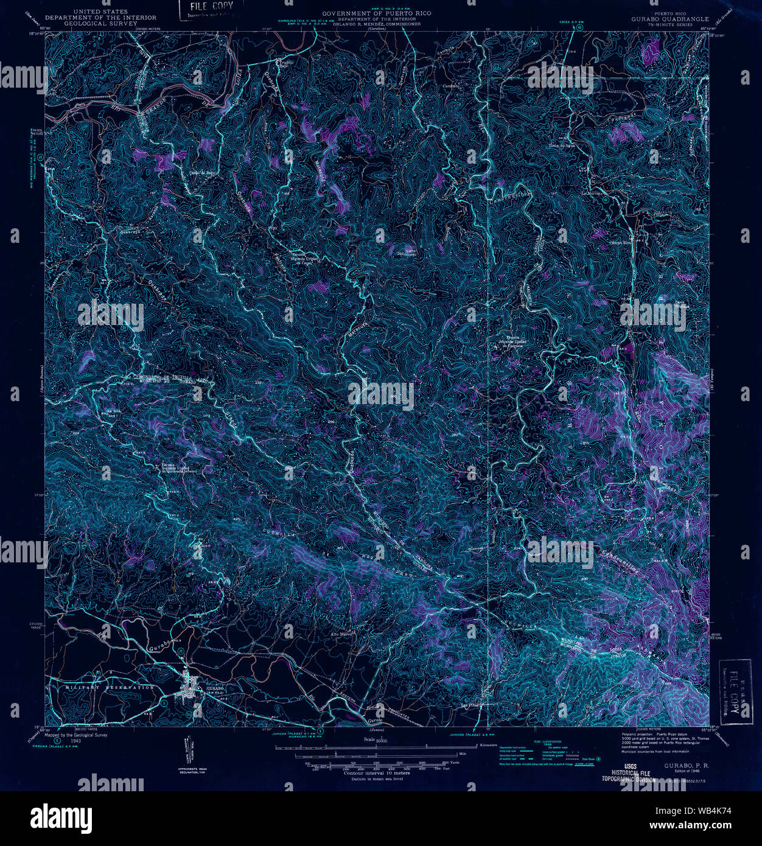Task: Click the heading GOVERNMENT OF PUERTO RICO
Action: [376, 13]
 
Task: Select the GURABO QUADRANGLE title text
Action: [669, 19]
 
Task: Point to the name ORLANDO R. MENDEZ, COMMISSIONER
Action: [377, 24]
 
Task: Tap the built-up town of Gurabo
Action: [189, 691]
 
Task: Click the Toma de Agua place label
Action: [561, 145]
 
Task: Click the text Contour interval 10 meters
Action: [377, 773]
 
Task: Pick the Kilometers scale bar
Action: [390, 745]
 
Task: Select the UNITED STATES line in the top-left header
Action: [100, 12]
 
